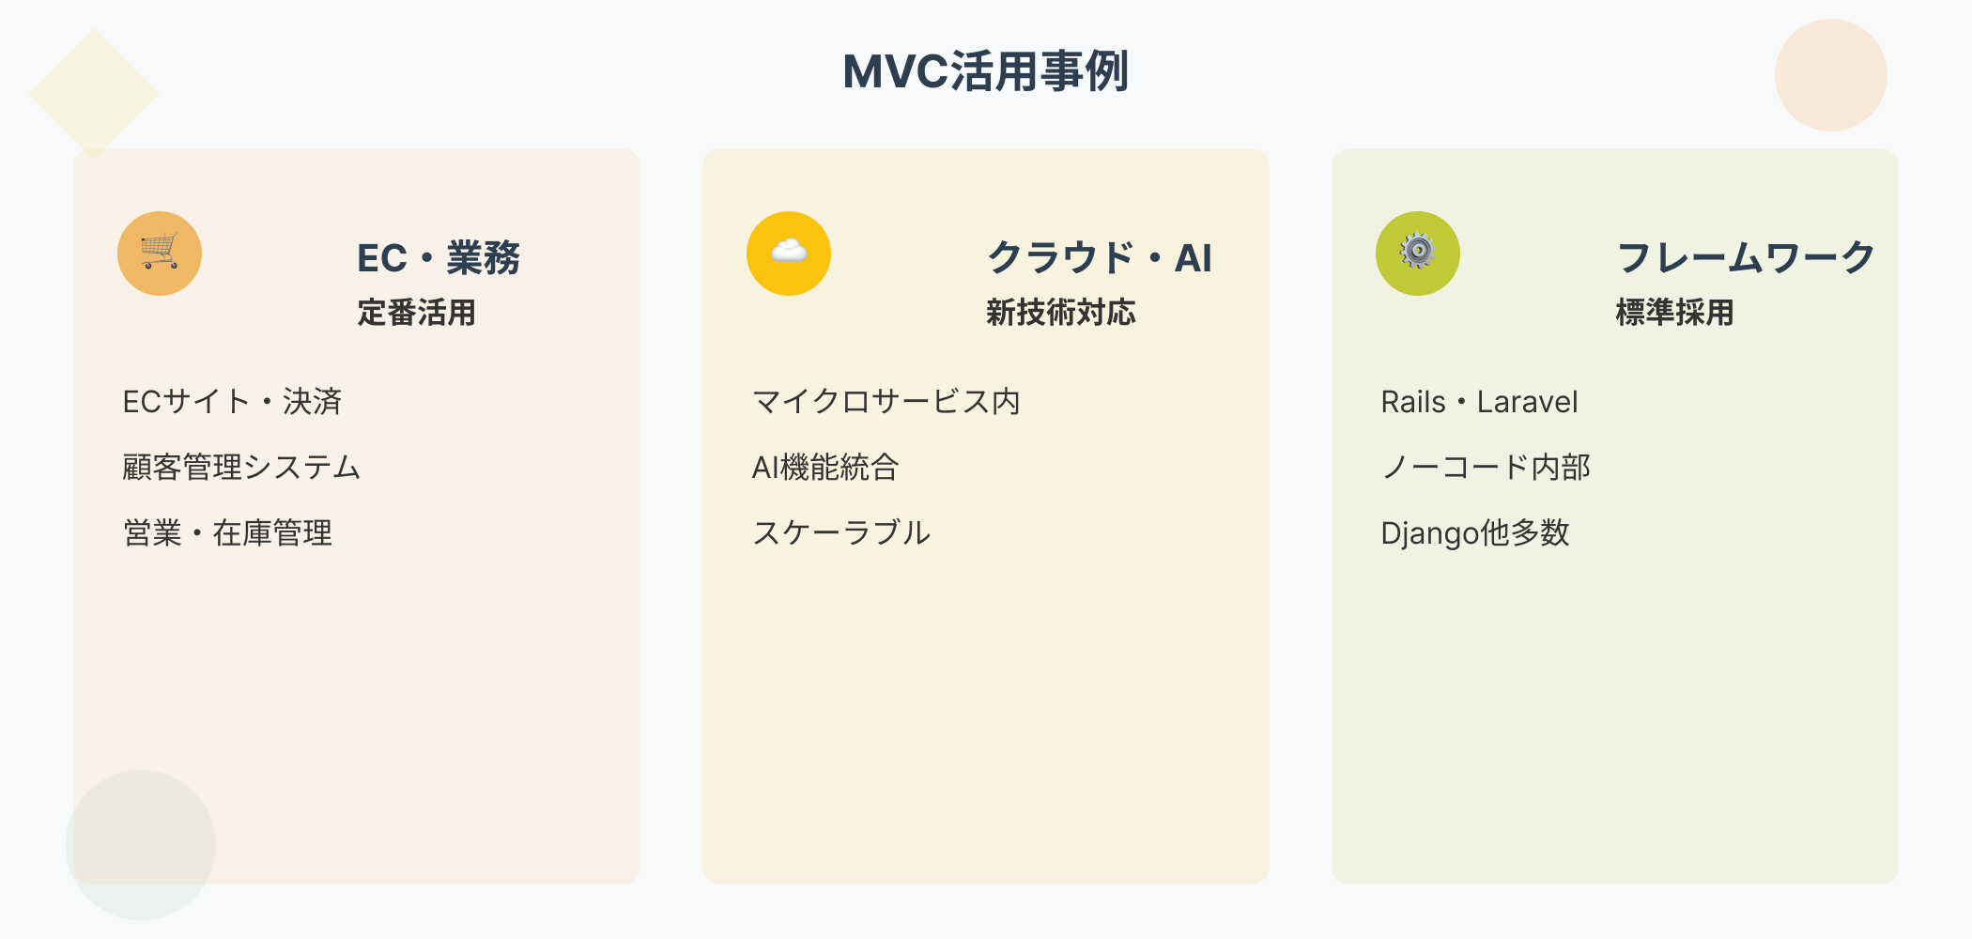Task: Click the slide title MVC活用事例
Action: tap(985, 71)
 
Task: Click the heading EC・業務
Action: tap(439, 258)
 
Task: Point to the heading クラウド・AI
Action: tap(1100, 258)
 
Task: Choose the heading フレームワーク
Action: tap(1746, 258)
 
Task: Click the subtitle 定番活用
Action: tap(416, 313)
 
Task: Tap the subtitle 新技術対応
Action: tap(1061, 313)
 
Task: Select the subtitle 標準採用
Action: tap(1674, 313)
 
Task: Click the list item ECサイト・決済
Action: tap(232, 402)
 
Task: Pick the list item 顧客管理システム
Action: tap(241, 468)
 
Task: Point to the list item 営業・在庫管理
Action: tap(227, 533)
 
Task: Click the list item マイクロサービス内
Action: tap(886, 402)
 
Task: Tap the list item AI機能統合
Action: tap(825, 468)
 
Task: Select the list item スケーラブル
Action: tap(841, 533)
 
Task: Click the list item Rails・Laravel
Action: tap(1479, 402)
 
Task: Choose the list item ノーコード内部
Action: tap(1486, 468)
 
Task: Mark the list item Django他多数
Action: tap(1475, 533)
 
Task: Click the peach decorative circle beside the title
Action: tap(1830, 75)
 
